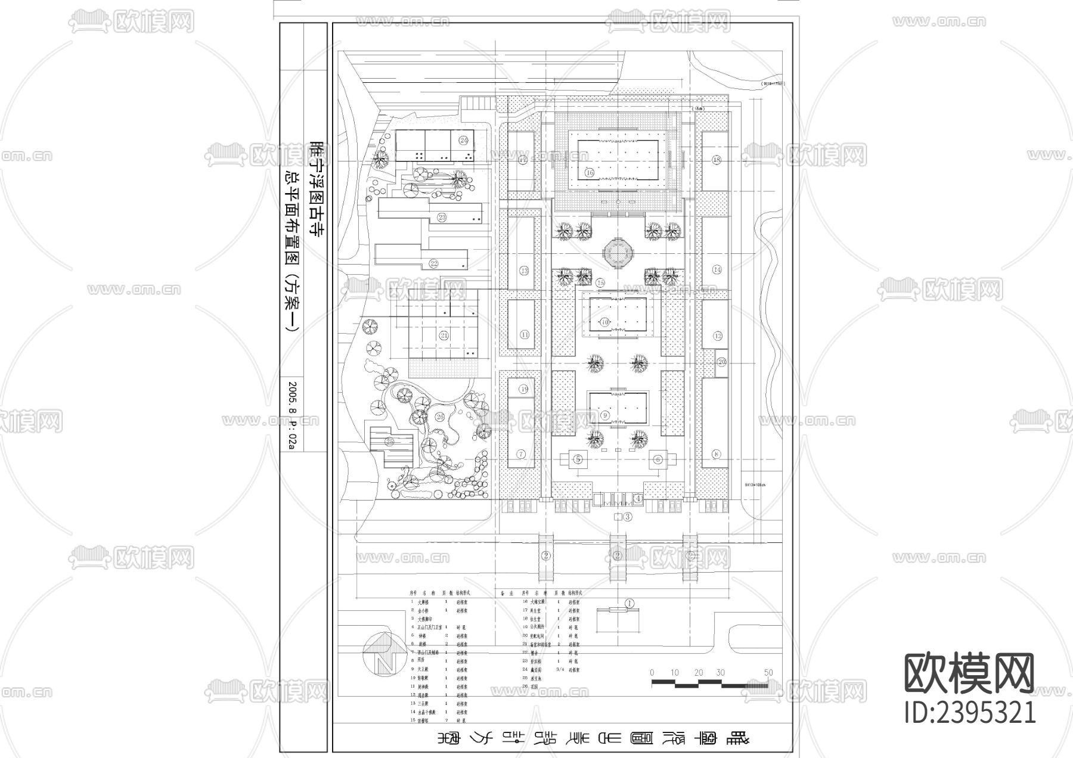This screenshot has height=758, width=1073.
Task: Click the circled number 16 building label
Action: click(x=590, y=173)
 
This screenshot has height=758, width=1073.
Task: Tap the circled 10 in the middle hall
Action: click(x=605, y=322)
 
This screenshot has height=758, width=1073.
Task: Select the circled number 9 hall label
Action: click(x=605, y=415)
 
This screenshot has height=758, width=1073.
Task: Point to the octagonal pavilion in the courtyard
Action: click(x=618, y=253)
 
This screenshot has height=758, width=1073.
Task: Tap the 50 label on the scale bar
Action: click(x=768, y=672)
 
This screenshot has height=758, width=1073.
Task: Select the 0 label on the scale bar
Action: click(x=652, y=672)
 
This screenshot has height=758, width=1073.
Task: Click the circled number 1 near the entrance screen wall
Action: click(x=629, y=604)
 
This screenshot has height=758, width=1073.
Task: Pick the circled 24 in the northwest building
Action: click(x=463, y=140)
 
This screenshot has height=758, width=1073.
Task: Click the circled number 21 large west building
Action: click(x=444, y=335)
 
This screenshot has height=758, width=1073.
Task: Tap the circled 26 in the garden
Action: click(x=440, y=417)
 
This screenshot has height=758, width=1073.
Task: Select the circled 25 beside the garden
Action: click(x=390, y=442)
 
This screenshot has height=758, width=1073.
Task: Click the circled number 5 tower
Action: click(x=578, y=459)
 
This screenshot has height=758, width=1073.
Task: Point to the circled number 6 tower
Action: click(x=658, y=459)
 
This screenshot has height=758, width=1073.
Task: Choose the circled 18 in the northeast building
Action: click(x=717, y=160)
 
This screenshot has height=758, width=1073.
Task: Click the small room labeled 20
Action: click(x=721, y=362)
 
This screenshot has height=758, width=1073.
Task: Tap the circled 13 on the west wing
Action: click(x=524, y=271)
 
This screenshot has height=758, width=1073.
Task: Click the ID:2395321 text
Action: click(x=970, y=712)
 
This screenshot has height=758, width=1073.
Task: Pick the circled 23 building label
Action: click(x=442, y=217)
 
